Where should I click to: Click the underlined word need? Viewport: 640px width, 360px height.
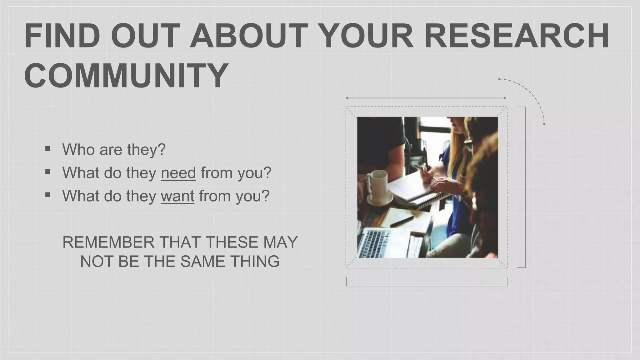pos(178,173)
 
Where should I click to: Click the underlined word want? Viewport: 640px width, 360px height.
pos(177,196)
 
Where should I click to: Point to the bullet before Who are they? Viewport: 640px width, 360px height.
pos(47,148)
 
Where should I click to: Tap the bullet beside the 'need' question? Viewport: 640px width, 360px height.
pos(47,172)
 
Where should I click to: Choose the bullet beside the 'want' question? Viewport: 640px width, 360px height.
pos(47,195)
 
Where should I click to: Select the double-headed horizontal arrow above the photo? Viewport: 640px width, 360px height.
pos(426,98)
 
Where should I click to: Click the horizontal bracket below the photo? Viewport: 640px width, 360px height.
pos(427,285)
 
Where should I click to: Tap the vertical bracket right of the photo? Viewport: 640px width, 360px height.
pos(525,187)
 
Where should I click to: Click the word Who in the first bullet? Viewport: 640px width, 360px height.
pos(78,149)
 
